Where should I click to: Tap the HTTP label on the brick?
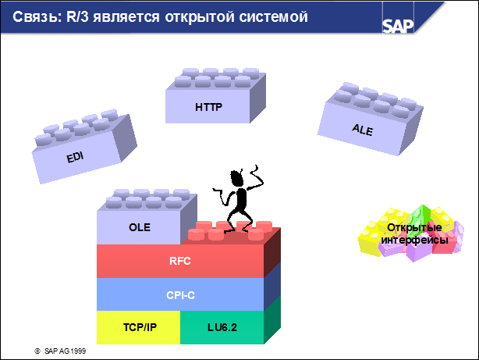pos(208,107)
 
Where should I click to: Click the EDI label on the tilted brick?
pos(75,157)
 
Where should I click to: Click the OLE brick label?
pos(139,228)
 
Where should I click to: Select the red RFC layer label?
pos(179,262)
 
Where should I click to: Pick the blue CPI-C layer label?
pos(179,296)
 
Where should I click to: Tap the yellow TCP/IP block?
pos(139,327)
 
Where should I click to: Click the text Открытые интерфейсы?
pos(413,233)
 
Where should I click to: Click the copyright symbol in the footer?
pos(37,351)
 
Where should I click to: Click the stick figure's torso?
pos(242,200)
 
